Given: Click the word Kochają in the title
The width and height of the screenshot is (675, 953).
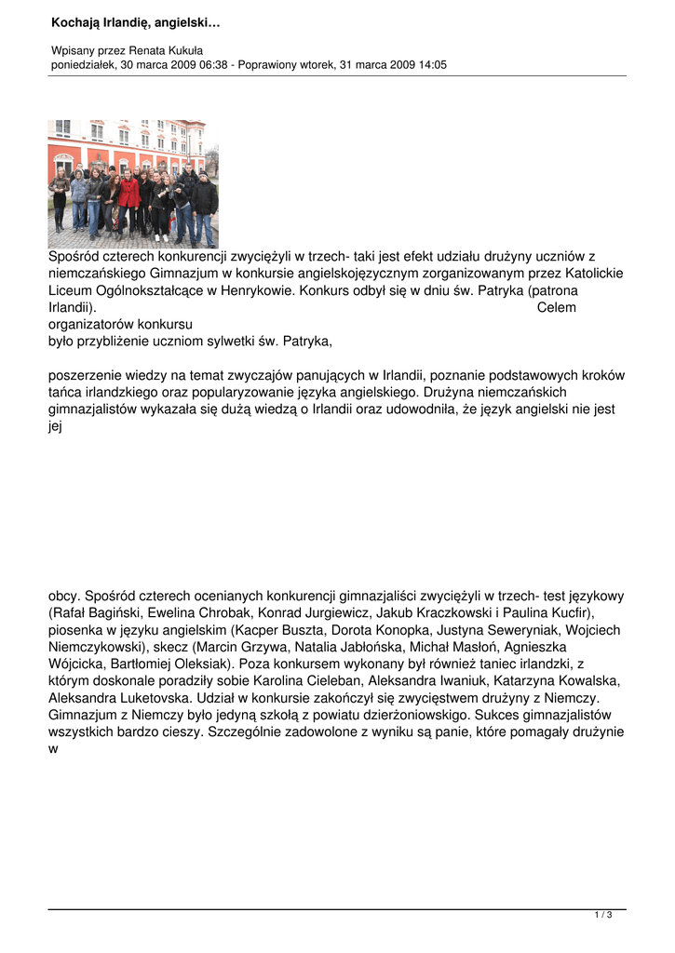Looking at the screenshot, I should (75, 21).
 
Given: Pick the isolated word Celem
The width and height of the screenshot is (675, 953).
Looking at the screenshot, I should (557, 307).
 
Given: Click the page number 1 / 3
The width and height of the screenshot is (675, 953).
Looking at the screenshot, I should (602, 916).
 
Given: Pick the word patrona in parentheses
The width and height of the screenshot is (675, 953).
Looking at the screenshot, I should (553, 290).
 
